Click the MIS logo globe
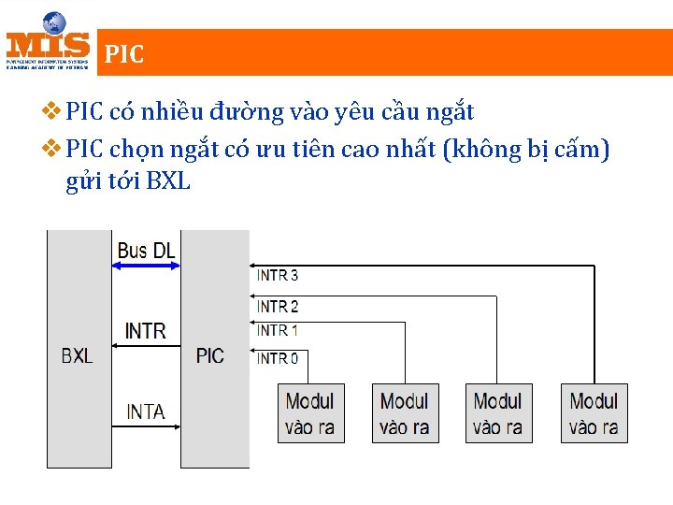pos(53,22)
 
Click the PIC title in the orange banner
pos(124,54)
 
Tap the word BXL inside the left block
pos(77,355)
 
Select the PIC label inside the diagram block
pos(210,355)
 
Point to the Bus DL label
pos(146,251)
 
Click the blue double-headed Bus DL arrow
pos(146,267)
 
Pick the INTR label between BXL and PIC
pos(146,330)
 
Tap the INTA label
pos(146,411)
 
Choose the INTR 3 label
pos(278,276)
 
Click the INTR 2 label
pos(278,306)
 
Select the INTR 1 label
pos(278,330)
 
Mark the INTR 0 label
pos(278,358)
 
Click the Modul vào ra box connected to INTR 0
pos(310,413)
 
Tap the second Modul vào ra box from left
pos(405,413)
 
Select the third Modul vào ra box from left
pos(498,413)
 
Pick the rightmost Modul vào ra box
pos(594,413)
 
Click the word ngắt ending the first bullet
pos(451,113)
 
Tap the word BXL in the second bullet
pos(168,181)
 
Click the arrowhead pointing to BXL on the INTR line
pos(116,346)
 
